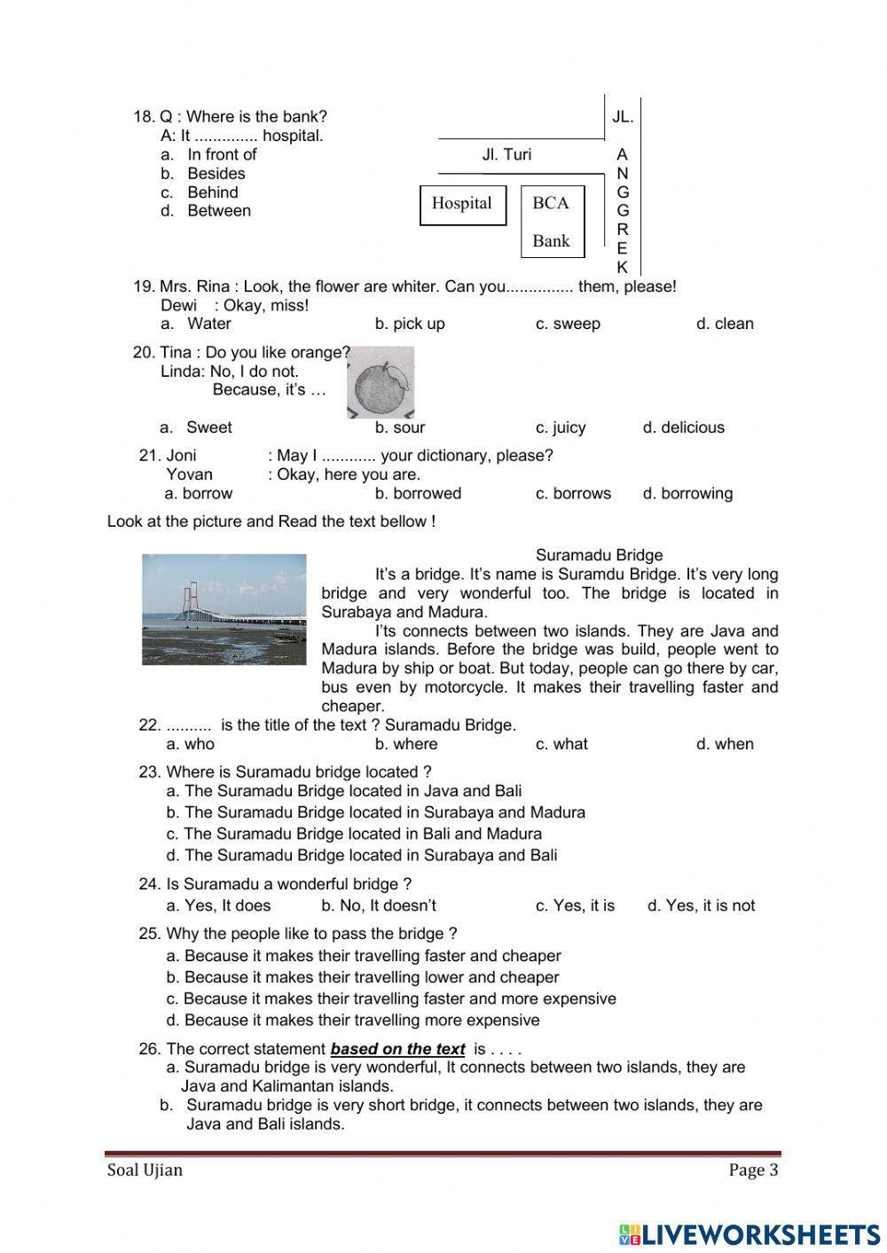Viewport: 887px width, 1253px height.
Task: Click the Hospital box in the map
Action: click(x=462, y=205)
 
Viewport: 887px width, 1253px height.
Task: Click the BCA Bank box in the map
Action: click(x=552, y=222)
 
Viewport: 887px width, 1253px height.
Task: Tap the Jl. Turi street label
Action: click(x=506, y=155)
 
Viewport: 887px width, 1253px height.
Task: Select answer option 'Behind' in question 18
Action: click(x=212, y=192)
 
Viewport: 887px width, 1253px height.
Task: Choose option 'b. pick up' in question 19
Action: click(x=409, y=324)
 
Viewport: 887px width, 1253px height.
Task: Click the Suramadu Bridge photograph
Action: click(x=224, y=609)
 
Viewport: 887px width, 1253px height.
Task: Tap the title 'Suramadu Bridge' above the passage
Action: click(x=599, y=555)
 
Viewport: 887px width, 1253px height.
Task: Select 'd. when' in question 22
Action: click(x=724, y=744)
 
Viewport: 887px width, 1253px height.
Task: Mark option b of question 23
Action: click(x=375, y=812)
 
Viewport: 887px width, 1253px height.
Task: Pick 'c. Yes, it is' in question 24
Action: click(x=575, y=905)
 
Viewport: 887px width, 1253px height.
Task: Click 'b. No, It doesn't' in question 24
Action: click(x=378, y=905)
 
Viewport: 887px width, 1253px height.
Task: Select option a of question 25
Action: click(x=364, y=956)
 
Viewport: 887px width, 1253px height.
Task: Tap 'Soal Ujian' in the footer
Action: click(x=145, y=1170)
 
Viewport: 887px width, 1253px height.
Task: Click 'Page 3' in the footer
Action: click(x=753, y=1170)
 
